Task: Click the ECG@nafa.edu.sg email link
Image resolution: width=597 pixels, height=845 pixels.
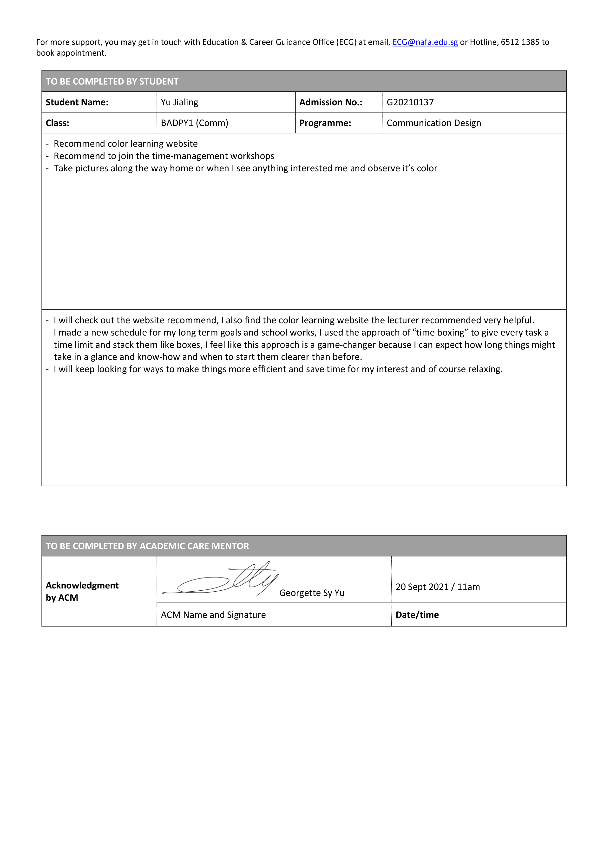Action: tap(425, 42)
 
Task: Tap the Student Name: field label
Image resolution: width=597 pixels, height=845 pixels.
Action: tap(77, 102)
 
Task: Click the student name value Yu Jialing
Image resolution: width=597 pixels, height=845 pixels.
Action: tap(179, 102)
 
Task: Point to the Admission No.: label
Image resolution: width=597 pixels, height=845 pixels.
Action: tap(331, 102)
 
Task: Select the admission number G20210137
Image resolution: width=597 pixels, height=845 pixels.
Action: tap(410, 102)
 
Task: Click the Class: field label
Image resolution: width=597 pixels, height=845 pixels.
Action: tap(57, 123)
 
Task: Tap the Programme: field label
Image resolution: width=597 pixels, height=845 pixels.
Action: tap(325, 123)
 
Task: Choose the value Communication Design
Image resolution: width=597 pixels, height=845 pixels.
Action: tap(434, 123)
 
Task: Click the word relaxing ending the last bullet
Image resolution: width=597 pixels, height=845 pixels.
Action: tap(485, 369)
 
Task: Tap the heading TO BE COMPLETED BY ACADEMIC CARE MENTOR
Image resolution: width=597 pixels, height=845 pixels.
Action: tap(147, 546)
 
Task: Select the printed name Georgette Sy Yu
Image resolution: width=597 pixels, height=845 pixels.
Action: tap(312, 593)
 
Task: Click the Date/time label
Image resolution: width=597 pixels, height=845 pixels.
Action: tap(417, 615)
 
